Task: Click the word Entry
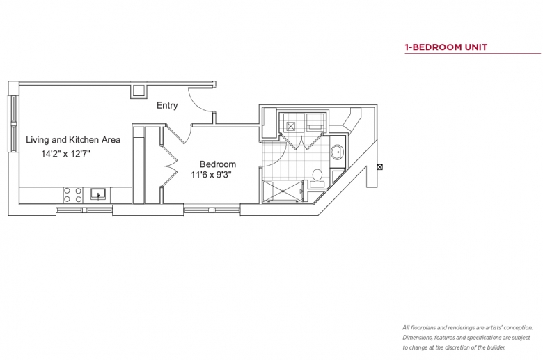coord(167,106)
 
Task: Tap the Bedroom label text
coord(218,164)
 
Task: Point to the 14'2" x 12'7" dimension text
coord(66,154)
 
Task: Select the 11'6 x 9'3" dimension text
coord(211,175)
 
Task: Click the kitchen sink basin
coord(99,194)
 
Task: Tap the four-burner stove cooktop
coord(73,195)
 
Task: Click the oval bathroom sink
coord(336,152)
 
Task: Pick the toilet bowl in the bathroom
coord(317,175)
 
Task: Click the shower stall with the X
coord(283,191)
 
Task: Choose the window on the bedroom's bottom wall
coord(212,210)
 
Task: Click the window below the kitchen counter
coord(84,210)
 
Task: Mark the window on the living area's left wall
coord(13,123)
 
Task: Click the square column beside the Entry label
coord(139,91)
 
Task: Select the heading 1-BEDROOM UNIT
coord(446,47)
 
